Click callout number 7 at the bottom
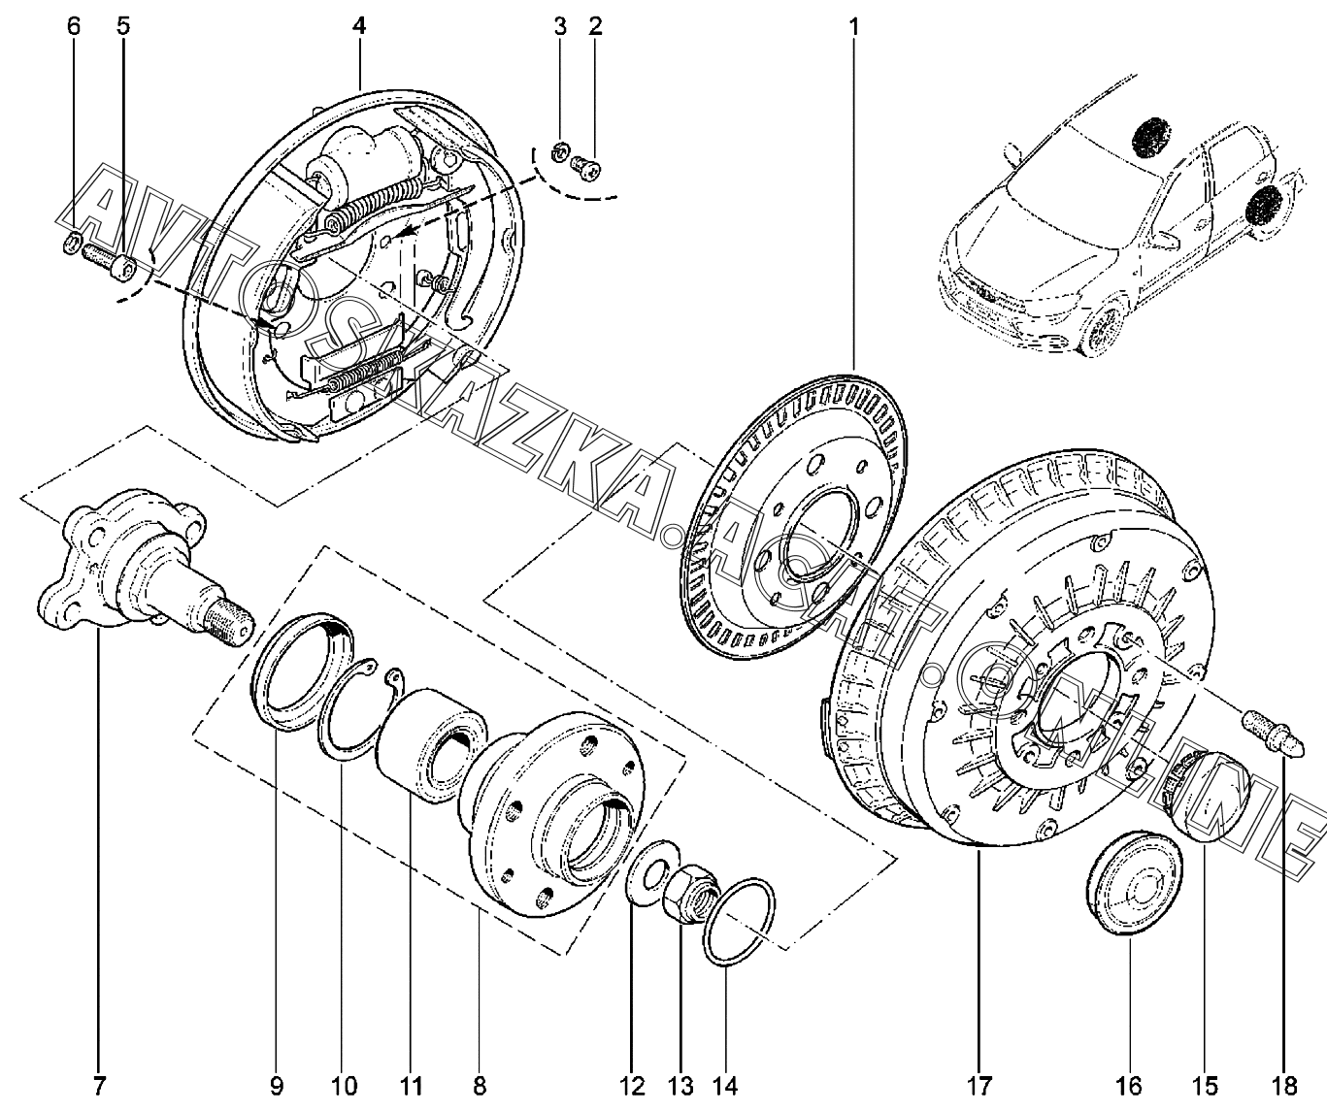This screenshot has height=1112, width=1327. [x=99, y=1084]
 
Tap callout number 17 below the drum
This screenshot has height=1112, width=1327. [x=977, y=1084]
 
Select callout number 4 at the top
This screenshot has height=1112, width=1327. [x=359, y=26]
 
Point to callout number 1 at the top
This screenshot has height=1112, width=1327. [x=854, y=26]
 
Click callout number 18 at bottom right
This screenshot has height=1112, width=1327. [x=1284, y=1084]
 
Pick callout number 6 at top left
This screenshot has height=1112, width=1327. [x=74, y=26]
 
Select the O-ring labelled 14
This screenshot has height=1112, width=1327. [x=741, y=922]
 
